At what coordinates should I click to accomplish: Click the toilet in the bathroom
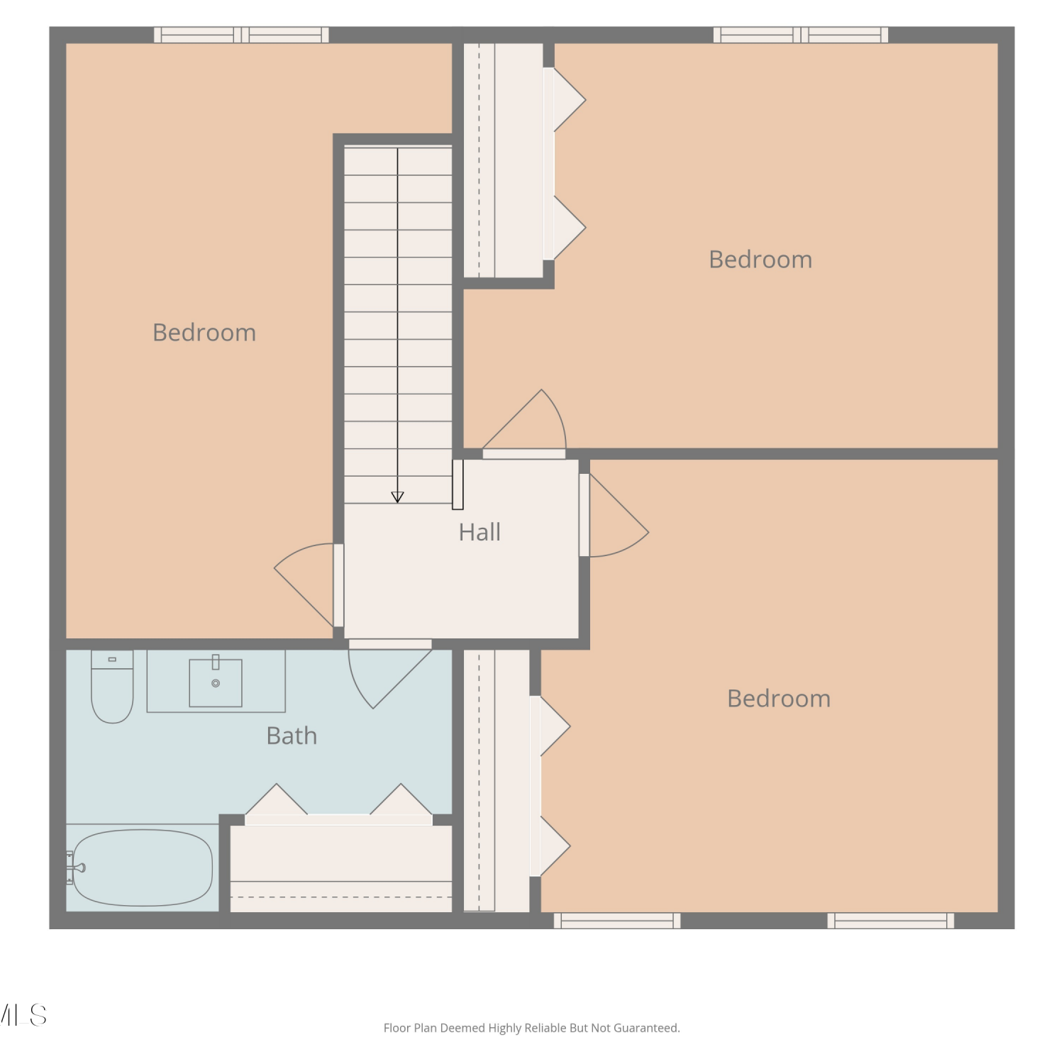click(x=112, y=686)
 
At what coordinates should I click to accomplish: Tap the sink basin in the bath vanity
click(x=216, y=682)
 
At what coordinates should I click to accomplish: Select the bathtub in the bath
click(x=143, y=868)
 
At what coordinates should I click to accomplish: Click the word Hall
click(x=480, y=532)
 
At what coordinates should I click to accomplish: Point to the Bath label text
click(x=292, y=736)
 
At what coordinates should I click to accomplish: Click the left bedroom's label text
click(x=204, y=332)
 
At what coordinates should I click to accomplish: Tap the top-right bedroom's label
click(x=760, y=259)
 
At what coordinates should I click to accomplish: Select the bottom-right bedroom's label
click(x=779, y=698)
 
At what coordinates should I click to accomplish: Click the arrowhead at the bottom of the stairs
click(x=397, y=497)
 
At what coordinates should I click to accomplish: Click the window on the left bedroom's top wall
click(x=241, y=35)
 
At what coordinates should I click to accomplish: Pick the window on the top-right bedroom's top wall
click(x=801, y=35)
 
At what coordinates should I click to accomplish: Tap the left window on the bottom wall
click(x=617, y=921)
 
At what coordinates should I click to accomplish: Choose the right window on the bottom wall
click(x=891, y=921)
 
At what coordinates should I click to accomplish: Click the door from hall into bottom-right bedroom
click(x=614, y=515)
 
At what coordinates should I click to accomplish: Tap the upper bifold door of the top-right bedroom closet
click(x=565, y=99)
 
